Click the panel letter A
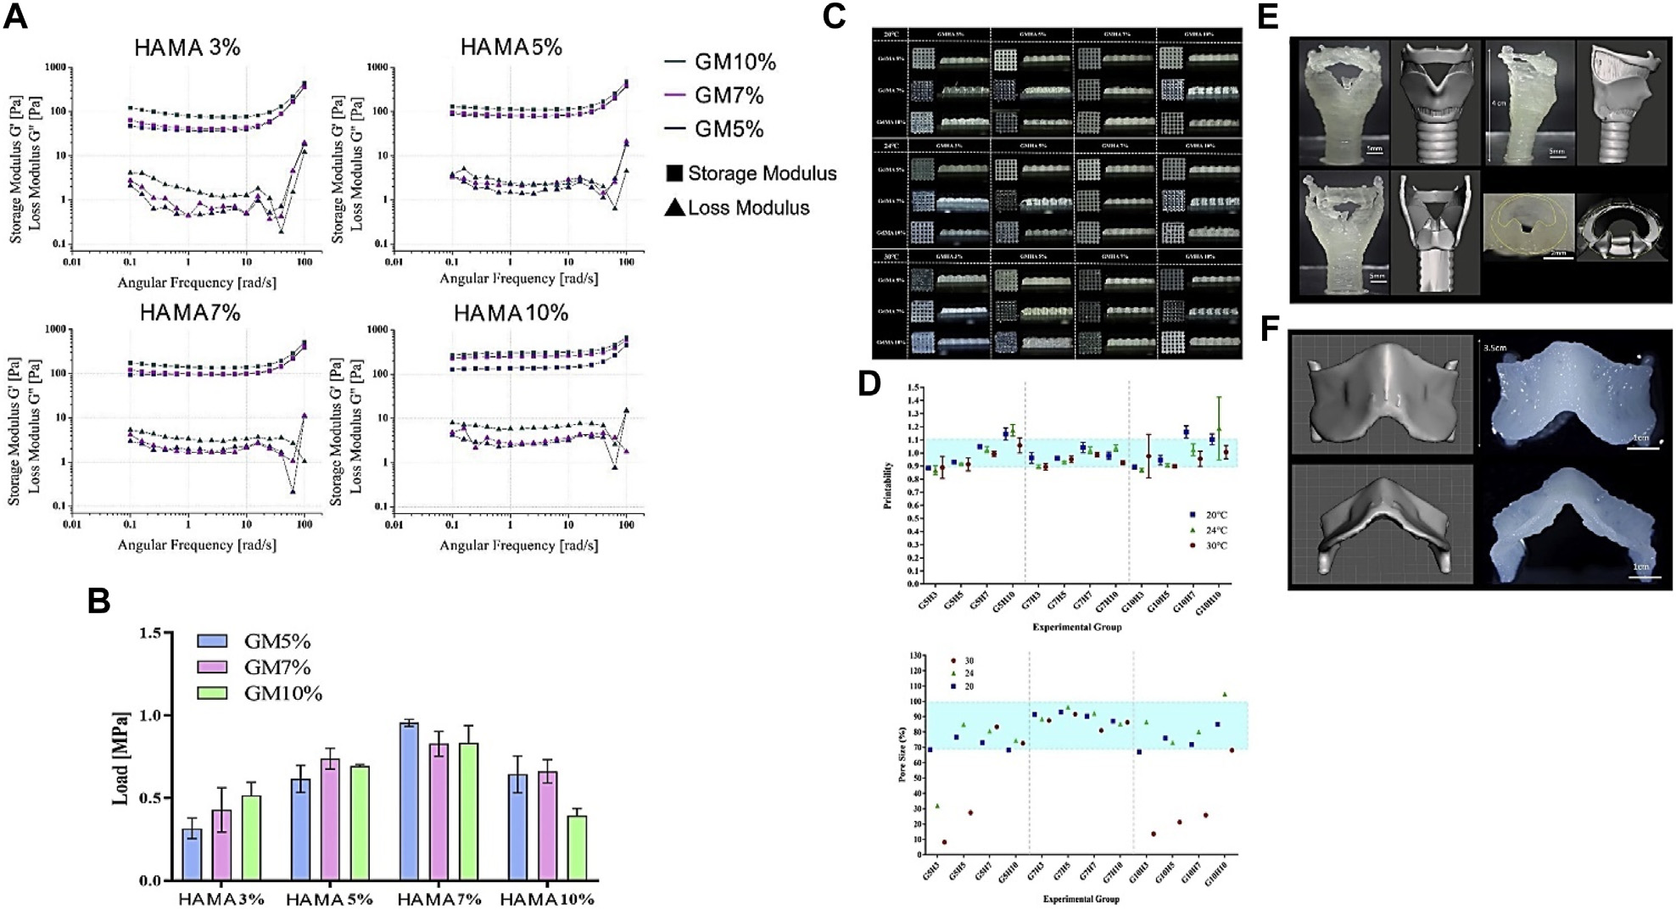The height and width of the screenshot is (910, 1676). click(x=15, y=17)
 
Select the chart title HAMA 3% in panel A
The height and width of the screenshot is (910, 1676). click(x=187, y=47)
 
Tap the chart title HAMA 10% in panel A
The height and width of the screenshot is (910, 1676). click(x=511, y=313)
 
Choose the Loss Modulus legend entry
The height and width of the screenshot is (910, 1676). click(x=737, y=208)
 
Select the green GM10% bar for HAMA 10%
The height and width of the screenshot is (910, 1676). click(x=577, y=847)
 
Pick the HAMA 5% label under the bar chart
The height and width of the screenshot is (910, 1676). click(x=329, y=899)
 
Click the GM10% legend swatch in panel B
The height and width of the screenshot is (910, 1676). click(x=212, y=693)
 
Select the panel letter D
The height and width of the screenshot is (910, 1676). click(x=869, y=383)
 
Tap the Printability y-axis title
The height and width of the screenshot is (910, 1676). click(x=887, y=485)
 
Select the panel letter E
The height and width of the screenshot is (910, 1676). click(x=1267, y=17)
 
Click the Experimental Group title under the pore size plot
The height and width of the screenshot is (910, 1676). click(x=1081, y=898)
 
